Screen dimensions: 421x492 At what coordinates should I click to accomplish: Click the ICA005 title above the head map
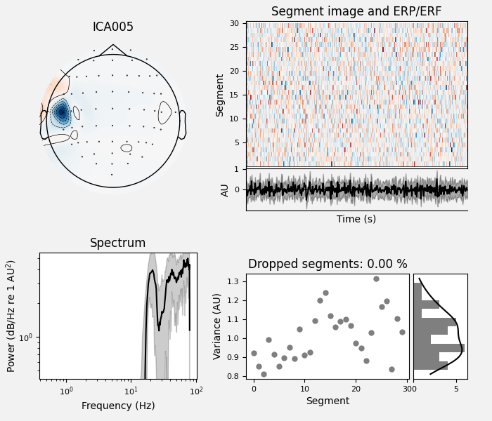pyautogui.click(x=112, y=27)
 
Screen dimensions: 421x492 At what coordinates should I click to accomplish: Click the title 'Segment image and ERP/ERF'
pyautogui.click(x=356, y=11)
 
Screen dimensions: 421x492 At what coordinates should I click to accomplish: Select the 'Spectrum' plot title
pyautogui.click(x=117, y=243)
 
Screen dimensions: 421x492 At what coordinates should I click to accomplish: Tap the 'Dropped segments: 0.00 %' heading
pyautogui.click(x=328, y=264)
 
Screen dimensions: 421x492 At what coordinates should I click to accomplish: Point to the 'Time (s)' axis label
pyautogui.click(x=356, y=219)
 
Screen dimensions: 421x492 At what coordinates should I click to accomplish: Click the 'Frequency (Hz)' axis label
pyautogui.click(x=117, y=406)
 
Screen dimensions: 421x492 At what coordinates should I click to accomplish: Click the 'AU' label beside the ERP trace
pyautogui.click(x=226, y=189)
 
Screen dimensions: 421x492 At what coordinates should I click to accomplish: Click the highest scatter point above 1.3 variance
pyautogui.click(x=376, y=279)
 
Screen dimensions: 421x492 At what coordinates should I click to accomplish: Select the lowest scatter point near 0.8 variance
pyautogui.click(x=264, y=374)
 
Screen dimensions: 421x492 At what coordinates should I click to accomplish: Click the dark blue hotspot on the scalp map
pyautogui.click(x=62, y=112)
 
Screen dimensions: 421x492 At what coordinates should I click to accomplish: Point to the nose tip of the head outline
pyautogui.click(x=112, y=46)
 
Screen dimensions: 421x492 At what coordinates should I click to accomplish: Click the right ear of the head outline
pyautogui.click(x=182, y=124)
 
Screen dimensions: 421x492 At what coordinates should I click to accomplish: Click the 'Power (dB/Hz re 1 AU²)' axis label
pyautogui.click(x=11, y=316)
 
